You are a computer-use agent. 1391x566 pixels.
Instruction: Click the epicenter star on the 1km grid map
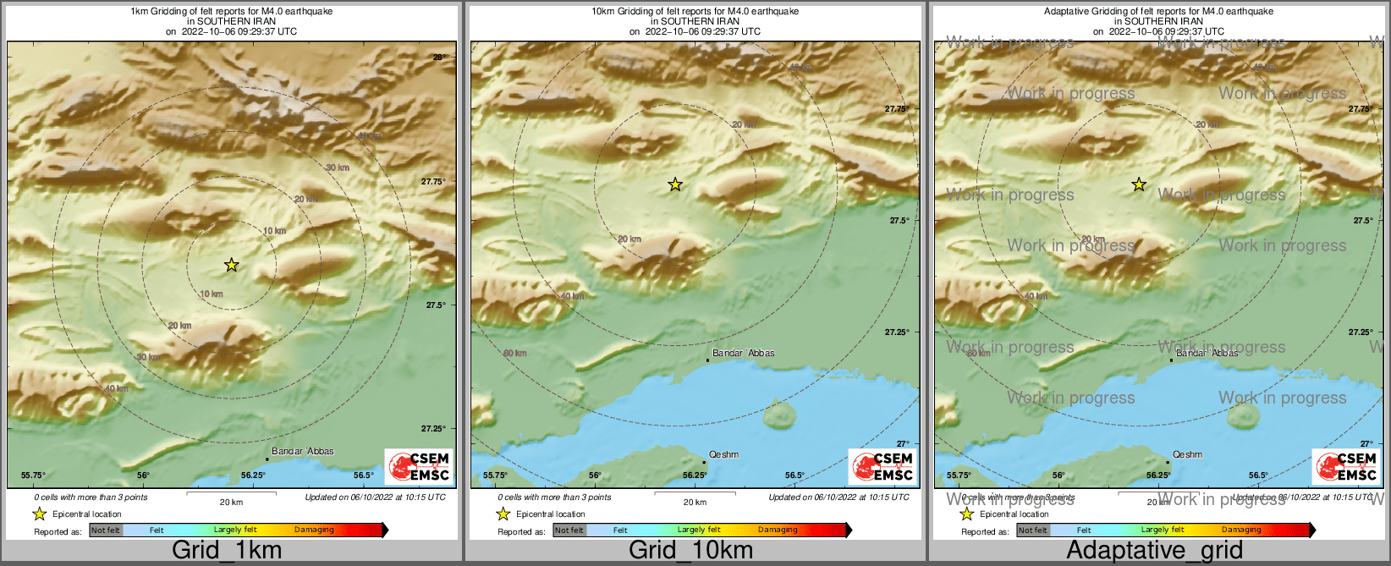coord(232,266)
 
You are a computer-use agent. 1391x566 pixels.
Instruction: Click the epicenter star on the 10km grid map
coord(675,184)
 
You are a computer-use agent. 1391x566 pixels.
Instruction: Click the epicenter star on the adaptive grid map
coord(1139,184)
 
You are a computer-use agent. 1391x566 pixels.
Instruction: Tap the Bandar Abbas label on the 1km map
coord(303,451)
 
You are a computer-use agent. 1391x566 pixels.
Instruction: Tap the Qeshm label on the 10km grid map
coord(723,454)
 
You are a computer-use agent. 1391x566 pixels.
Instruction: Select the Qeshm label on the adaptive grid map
coord(1187,454)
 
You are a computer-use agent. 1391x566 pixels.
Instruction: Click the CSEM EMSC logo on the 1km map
coord(420,466)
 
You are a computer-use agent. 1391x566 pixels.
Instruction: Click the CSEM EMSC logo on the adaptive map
coord(1347,466)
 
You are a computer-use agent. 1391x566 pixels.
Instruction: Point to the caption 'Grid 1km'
coord(227,550)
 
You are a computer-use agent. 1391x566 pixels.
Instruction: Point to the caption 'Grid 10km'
coord(690,550)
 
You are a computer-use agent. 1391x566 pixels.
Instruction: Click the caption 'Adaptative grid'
coord(1154,550)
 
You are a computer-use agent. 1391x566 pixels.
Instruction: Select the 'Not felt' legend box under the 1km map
coord(106,530)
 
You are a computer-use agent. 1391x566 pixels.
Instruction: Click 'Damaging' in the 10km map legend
coord(778,530)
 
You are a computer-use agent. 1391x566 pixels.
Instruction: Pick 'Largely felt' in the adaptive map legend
coord(1162,530)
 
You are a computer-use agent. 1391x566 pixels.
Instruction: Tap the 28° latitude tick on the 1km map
coord(439,58)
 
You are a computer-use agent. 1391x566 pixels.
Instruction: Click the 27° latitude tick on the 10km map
coord(904,443)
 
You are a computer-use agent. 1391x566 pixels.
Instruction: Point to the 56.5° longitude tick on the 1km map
coord(364,475)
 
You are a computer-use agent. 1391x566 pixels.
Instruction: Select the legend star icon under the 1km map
coord(39,514)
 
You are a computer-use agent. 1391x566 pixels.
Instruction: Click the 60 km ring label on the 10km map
coord(514,353)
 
